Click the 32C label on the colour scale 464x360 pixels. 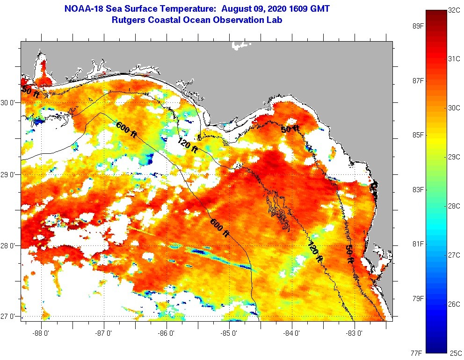[x=454, y=9]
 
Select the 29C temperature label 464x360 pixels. [x=454, y=157]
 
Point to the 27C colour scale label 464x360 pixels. [x=454, y=255]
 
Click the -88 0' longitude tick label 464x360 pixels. [x=41, y=334]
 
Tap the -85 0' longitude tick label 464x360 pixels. [x=229, y=334]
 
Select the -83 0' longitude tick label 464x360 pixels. [x=354, y=334]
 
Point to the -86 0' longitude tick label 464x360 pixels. [x=167, y=334]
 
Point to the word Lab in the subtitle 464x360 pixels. [x=275, y=20]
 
